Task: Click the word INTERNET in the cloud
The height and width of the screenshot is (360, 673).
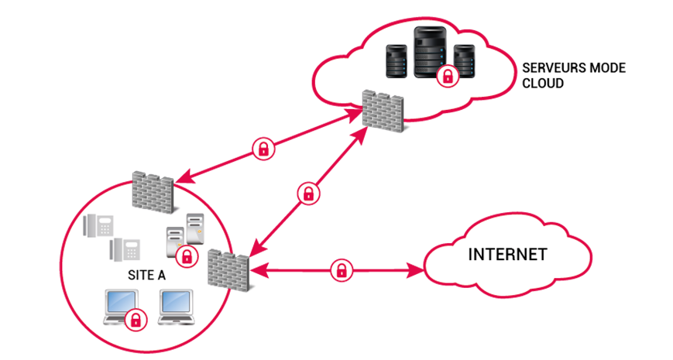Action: [508, 255]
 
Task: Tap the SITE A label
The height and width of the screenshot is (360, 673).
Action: [147, 275]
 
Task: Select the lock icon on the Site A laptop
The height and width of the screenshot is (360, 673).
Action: [137, 318]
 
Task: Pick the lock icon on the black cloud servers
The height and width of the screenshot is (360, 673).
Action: [446, 76]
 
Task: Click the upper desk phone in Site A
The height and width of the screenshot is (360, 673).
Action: [99, 225]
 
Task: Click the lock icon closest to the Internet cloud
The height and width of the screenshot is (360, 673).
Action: [340, 270]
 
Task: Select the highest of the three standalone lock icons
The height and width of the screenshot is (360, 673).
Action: [264, 149]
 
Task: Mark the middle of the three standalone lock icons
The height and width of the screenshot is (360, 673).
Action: [308, 193]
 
